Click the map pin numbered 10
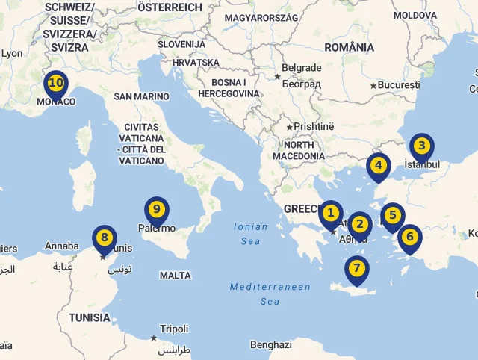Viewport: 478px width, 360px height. pyautogui.click(x=55, y=84)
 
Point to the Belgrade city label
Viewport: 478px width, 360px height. pyautogui.click(x=302, y=68)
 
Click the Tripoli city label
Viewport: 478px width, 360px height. pyautogui.click(x=174, y=329)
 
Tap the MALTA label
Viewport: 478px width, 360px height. pyautogui.click(x=176, y=276)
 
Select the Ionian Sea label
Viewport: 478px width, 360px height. pyautogui.click(x=251, y=234)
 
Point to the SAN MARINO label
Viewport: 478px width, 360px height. pyautogui.click(x=142, y=96)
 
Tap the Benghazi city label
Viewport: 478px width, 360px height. pyautogui.click(x=270, y=345)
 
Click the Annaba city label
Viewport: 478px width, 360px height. pyautogui.click(x=61, y=246)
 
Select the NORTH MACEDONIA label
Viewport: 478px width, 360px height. pyautogui.click(x=299, y=150)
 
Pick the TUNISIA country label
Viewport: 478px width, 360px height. pyautogui.click(x=90, y=317)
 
